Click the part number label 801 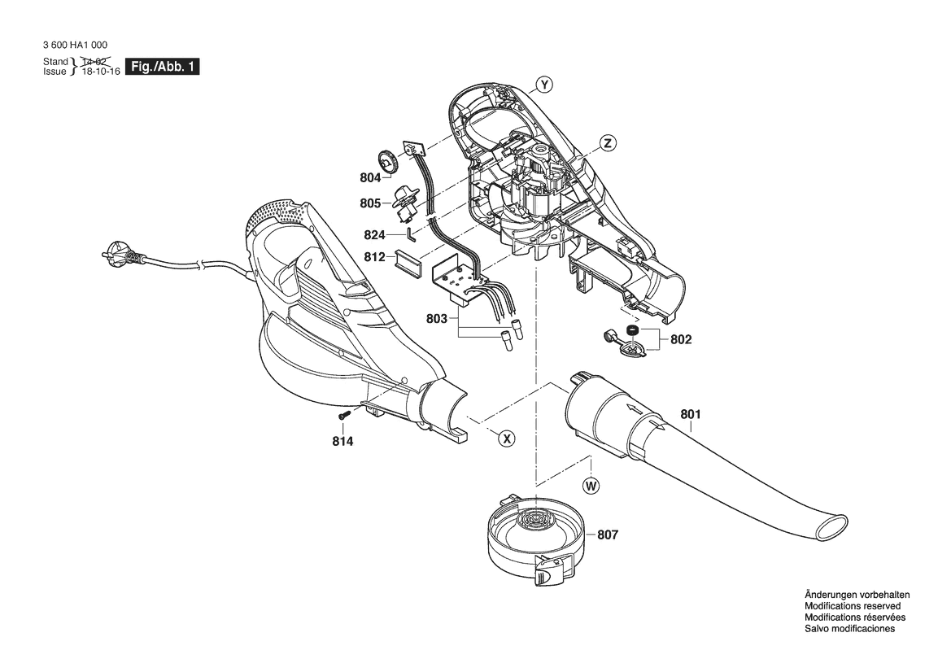[690, 414]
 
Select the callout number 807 [608, 535]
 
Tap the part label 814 [342, 442]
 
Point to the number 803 [437, 318]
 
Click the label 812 [375, 257]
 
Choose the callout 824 [375, 235]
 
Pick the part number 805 [371, 203]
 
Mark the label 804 [371, 177]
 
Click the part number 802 [680, 339]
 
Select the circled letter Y [545, 85]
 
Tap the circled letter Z [608, 143]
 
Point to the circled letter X [507, 438]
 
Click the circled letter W [591, 485]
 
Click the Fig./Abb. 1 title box [162, 67]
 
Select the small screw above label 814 [345, 416]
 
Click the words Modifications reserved [853, 606]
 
